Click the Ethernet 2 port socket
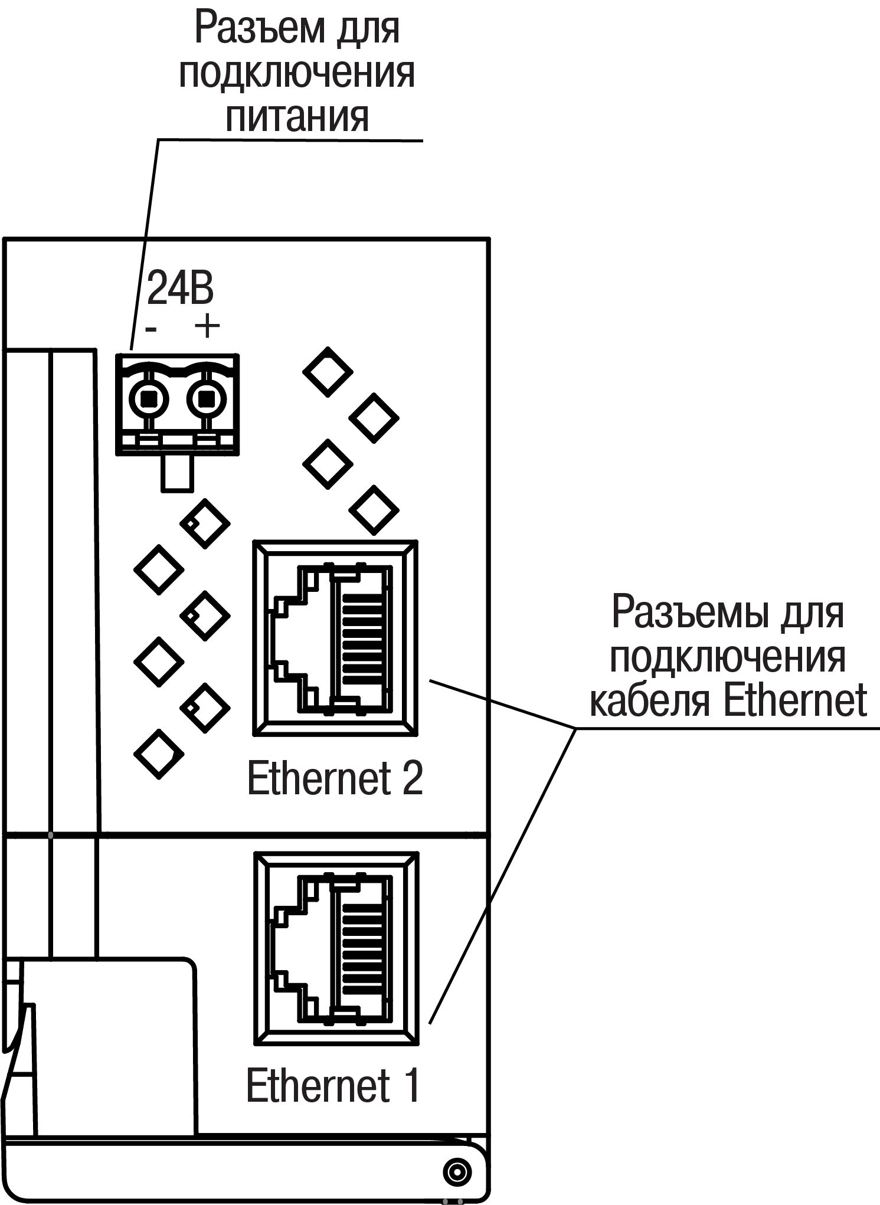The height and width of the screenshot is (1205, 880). point(335,638)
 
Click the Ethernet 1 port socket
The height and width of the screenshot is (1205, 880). point(335,949)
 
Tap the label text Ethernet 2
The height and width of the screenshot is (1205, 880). point(335,778)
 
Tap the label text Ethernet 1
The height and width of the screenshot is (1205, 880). point(333,1085)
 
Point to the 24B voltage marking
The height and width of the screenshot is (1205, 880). point(180,289)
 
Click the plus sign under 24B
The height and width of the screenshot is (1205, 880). point(207,326)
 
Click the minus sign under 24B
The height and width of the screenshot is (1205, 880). point(152,328)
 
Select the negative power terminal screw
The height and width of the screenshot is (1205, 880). point(150,400)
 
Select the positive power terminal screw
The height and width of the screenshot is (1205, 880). point(206,400)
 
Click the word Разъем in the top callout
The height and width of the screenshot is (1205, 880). point(257,28)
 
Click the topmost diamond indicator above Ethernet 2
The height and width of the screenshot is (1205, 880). point(328,372)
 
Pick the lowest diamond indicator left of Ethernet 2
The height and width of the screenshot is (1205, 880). point(159,754)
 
